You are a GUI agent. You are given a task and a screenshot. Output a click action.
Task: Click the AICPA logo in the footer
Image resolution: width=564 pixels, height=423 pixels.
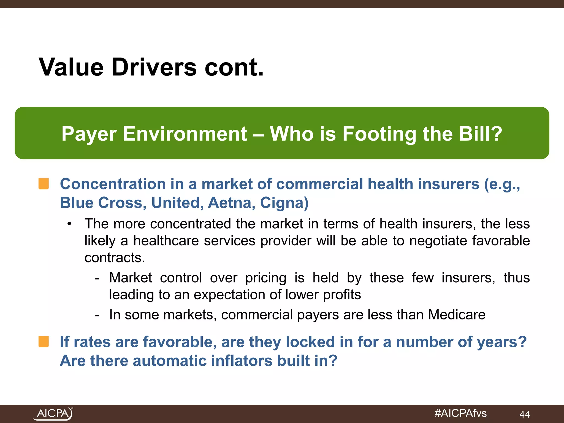[53, 413]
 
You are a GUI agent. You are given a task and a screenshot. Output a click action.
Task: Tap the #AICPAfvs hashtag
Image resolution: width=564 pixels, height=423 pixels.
[460, 413]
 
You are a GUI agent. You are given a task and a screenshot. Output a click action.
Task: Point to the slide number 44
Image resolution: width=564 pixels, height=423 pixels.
[524, 414]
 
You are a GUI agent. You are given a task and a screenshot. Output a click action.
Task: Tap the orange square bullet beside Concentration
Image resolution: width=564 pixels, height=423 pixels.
[44, 184]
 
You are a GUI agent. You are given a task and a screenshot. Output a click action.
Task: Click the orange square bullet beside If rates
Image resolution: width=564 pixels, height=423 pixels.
[44, 342]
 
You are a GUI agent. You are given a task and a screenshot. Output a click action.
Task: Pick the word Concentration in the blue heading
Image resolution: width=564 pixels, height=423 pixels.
[113, 184]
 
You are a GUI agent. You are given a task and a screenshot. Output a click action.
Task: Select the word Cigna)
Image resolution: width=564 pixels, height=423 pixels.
[284, 203]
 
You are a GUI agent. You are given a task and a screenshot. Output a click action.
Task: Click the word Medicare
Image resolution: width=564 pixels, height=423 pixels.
[457, 314]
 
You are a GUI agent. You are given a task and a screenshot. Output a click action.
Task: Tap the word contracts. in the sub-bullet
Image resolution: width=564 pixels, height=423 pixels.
[115, 258]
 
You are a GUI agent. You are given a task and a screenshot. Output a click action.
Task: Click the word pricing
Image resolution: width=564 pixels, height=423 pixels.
[266, 278]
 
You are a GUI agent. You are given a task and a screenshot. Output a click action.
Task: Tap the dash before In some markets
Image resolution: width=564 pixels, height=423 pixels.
[97, 315]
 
